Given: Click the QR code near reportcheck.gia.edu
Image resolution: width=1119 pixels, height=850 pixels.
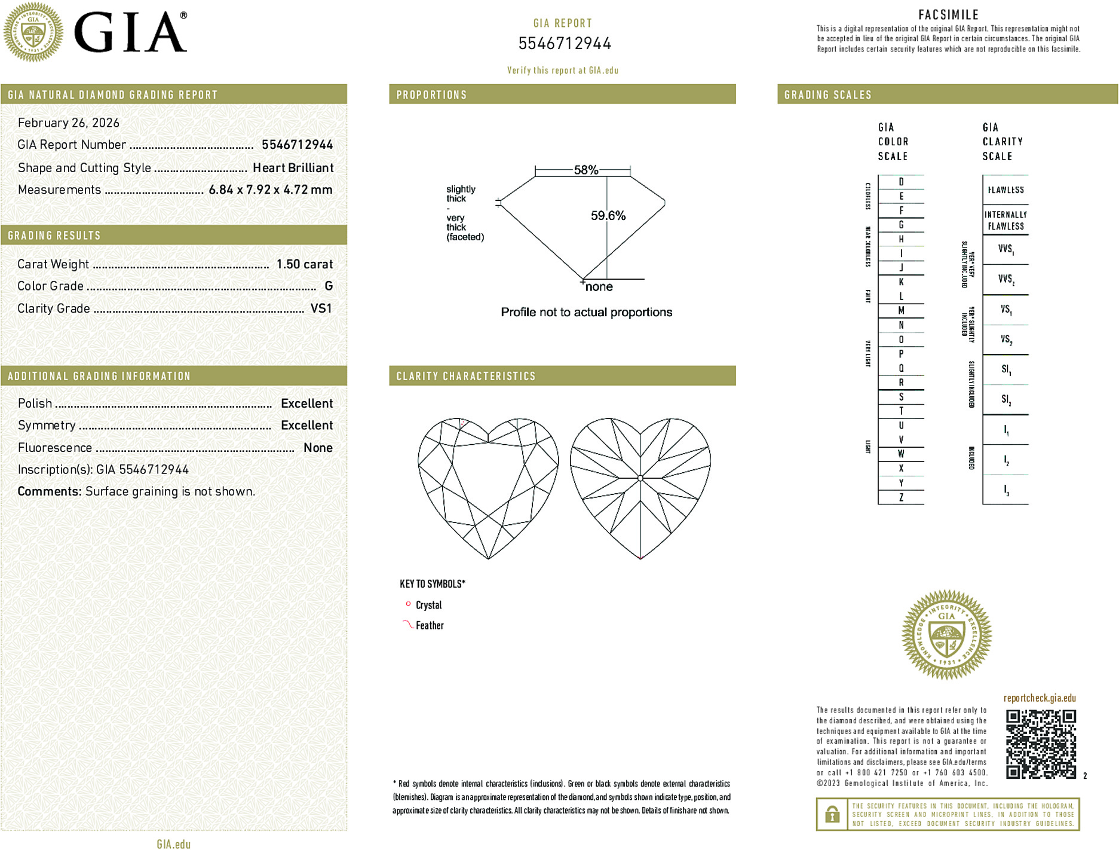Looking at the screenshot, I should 1041,744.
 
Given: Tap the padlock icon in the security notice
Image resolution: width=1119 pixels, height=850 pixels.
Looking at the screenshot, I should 832,814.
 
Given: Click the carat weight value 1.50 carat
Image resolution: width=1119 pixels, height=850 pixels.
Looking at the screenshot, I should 304,264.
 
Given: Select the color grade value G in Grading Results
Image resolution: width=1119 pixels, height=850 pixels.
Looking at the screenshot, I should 328,286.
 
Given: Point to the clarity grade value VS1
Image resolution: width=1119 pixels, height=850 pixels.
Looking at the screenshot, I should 321,308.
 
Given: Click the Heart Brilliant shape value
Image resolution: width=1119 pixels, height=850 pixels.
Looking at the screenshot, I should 293,168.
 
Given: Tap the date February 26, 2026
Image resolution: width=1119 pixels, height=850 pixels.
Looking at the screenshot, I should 69,123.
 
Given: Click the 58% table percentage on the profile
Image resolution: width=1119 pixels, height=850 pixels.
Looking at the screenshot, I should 585,170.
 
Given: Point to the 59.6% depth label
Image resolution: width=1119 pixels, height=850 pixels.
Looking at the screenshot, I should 608,216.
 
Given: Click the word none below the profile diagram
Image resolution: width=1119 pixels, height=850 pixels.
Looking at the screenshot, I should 599,287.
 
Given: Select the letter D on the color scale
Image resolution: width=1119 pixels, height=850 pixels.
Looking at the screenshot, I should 901,182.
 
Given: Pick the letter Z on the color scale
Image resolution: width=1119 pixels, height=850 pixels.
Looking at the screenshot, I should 901,497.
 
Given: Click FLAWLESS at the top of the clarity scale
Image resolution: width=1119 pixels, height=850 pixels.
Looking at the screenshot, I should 1005,190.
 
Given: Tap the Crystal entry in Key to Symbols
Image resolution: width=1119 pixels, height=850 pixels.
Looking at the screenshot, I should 428,605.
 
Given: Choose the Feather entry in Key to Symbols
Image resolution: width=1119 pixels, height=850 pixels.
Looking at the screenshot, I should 430,625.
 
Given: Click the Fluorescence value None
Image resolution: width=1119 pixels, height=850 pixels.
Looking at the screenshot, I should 318,448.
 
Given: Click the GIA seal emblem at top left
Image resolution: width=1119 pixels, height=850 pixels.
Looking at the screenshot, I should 33,32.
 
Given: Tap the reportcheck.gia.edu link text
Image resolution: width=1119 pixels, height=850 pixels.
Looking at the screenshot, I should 1040,698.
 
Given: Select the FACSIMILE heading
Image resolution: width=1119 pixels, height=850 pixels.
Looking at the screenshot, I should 948,14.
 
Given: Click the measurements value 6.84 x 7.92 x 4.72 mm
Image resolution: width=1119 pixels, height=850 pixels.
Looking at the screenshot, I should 270,190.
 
